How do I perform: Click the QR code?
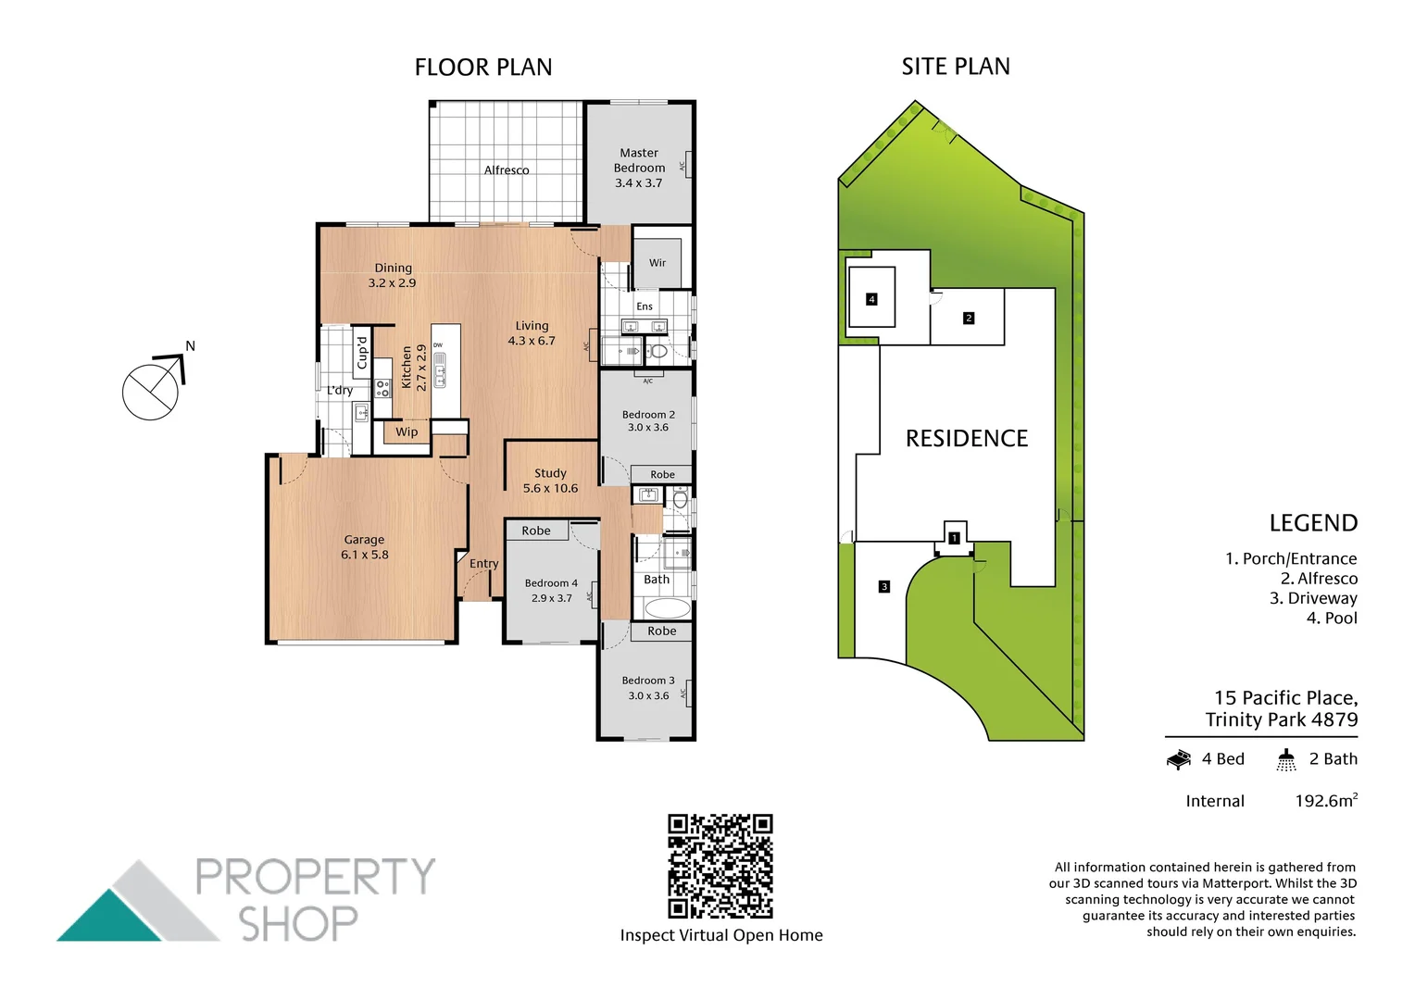pos(720,866)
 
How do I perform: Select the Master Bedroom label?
pos(639,160)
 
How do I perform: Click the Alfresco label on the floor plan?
pos(507,170)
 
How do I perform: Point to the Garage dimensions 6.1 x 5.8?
pos(365,555)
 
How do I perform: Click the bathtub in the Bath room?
pos(667,608)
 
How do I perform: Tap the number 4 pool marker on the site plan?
pos(871,299)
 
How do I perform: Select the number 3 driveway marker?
pos(884,586)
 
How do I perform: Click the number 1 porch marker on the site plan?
pos(954,537)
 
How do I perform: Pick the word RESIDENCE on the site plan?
pos(967,438)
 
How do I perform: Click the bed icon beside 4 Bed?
pos(1179,760)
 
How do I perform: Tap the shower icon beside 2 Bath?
pos(1286,760)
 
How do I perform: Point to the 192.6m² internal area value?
pos(1326,801)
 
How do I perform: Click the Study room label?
pos(550,473)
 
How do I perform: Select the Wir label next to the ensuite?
pos(657,263)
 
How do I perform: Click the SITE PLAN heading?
pos(956,67)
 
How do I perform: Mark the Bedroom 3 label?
pos(648,681)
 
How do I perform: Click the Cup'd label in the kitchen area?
pos(362,352)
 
